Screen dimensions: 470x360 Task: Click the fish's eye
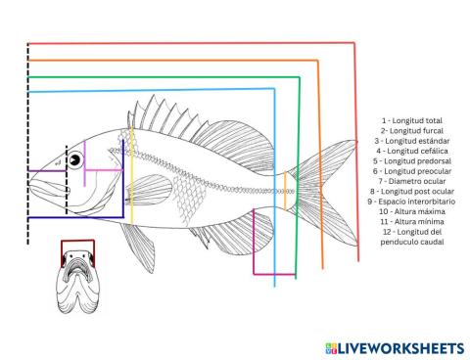74,160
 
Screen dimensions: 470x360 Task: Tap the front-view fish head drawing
77,289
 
